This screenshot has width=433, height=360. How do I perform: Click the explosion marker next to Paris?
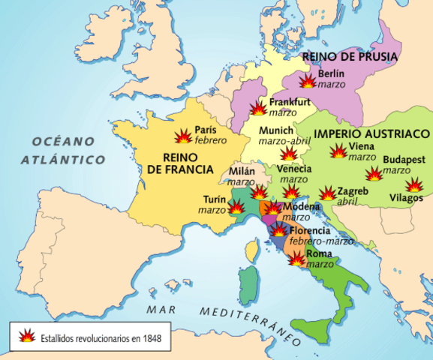182,136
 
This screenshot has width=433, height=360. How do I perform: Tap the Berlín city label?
332,73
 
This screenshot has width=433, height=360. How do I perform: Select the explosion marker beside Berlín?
307,82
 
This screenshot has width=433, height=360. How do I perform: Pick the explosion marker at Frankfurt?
257,108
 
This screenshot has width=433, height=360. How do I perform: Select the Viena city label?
362,147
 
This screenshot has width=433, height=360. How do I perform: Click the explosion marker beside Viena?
339,151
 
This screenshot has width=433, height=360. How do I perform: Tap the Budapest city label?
404,160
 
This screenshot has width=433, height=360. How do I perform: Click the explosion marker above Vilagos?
413,184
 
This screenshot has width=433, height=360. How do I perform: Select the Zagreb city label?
353,191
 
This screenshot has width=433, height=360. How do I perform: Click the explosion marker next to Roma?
297,259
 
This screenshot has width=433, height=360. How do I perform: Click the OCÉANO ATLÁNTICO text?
63,150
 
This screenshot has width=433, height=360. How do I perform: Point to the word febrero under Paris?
210,140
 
